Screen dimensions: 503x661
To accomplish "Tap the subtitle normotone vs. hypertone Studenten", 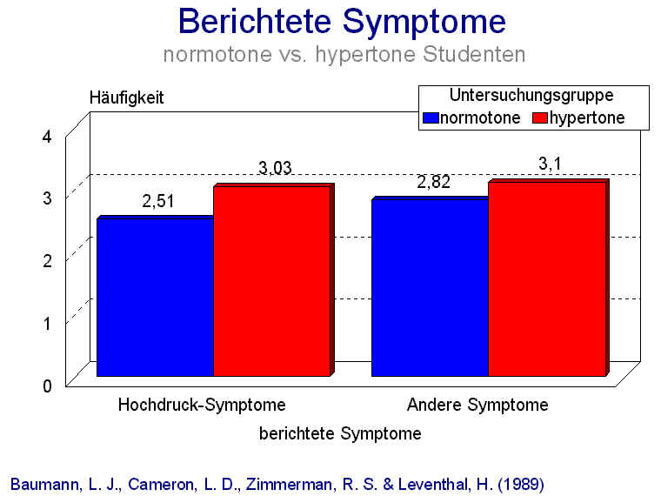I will point(344,54).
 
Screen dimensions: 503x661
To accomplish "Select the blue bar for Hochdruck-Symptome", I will point(155,296).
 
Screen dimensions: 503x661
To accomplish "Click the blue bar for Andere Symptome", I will point(430,287).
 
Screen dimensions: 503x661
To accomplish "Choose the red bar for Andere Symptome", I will point(546,278).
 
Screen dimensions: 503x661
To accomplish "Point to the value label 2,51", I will point(159,202).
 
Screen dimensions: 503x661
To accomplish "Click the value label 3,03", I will point(275,168).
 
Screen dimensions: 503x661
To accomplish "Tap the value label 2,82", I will point(435,183).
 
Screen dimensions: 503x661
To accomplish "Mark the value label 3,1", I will point(550,162).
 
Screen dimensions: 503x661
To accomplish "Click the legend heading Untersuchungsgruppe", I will point(532,95).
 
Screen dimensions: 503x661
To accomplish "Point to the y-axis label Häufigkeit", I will point(127,98).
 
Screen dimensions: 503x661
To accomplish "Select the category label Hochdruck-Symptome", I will point(201,405).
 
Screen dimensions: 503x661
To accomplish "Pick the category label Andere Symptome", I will point(477,405).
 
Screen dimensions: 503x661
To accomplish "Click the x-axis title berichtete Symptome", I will point(340,433).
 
